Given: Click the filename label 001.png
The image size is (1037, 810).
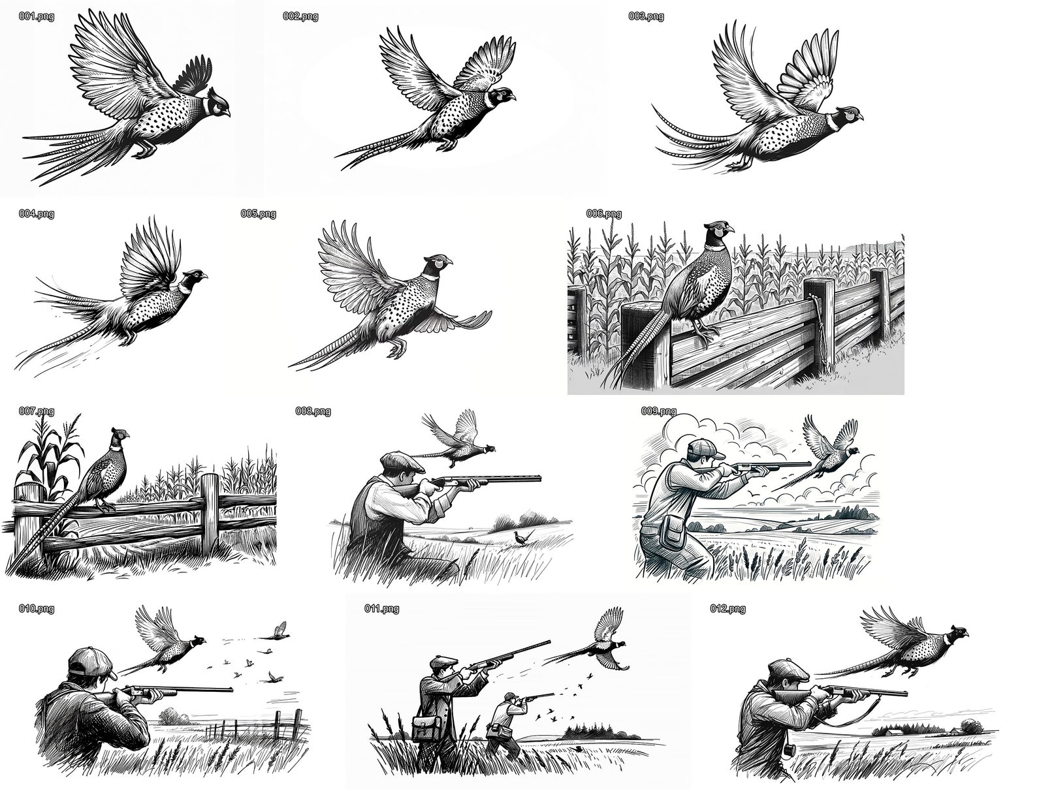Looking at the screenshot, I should (37, 16).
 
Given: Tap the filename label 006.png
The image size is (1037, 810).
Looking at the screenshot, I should (603, 213).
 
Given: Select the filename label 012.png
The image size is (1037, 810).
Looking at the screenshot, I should (727, 609).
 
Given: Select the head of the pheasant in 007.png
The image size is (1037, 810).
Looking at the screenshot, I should (119, 435).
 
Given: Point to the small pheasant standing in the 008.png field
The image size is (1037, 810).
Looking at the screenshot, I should (520, 537).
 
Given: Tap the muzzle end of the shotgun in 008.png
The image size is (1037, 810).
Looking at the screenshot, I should (539, 478).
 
